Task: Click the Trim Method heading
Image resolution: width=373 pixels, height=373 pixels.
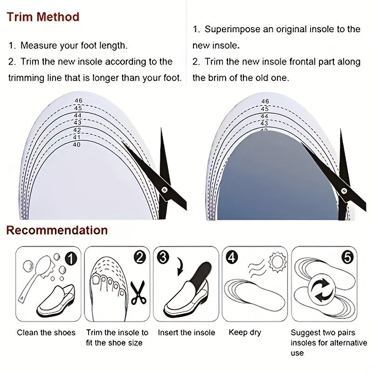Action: (43, 17)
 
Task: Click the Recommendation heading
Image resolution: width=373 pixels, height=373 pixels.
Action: (57, 230)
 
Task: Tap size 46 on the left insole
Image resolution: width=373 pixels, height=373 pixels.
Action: (78, 101)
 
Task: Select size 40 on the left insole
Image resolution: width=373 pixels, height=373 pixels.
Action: (76, 145)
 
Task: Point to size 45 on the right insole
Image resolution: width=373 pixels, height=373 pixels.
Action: (264, 109)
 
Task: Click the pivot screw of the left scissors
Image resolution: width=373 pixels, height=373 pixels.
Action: (164, 190)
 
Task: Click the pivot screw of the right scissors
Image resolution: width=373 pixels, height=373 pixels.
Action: (344, 191)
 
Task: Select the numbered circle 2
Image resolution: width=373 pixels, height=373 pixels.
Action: (139, 257)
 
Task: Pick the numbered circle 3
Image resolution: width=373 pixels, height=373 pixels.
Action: (163, 257)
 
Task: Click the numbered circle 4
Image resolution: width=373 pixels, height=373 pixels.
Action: (232, 257)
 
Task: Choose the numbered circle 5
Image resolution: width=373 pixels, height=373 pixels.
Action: (347, 257)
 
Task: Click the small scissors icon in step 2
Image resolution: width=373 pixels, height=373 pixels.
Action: (138, 293)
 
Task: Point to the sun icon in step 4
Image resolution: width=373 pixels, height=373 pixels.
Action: (277, 262)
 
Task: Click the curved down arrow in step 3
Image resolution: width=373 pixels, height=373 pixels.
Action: (180, 266)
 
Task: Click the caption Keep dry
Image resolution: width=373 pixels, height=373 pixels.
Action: (245, 332)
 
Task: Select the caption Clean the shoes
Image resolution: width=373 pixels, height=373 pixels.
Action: (46, 332)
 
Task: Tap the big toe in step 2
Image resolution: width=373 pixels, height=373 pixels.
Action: (97, 279)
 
